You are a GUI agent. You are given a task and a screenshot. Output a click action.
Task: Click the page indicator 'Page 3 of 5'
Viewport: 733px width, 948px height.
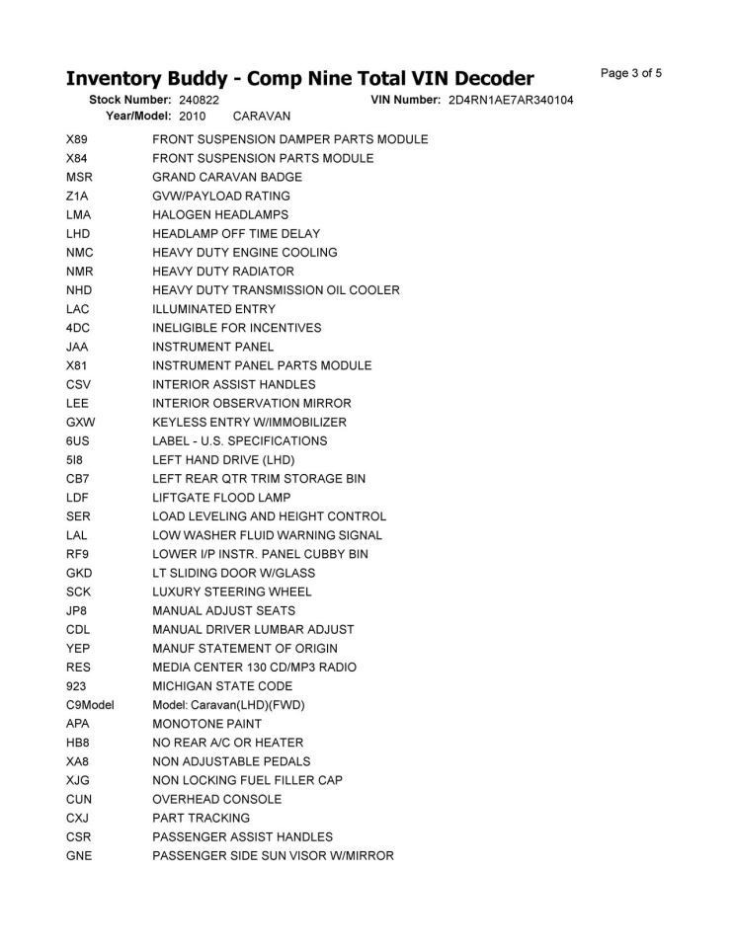(x=630, y=73)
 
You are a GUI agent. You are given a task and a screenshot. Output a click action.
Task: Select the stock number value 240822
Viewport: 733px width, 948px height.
(x=200, y=101)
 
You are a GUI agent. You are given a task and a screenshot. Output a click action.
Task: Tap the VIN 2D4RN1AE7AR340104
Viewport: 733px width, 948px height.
(x=510, y=101)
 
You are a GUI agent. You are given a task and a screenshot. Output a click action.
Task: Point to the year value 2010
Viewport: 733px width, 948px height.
(x=193, y=117)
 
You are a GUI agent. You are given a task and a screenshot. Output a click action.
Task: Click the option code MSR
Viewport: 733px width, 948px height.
(x=80, y=178)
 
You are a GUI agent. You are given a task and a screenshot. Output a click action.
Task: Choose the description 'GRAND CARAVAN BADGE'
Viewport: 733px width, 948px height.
(x=227, y=178)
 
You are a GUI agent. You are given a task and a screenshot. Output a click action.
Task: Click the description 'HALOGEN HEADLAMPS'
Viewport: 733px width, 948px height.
(x=220, y=215)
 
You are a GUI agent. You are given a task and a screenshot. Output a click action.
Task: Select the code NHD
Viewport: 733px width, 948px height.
(x=79, y=290)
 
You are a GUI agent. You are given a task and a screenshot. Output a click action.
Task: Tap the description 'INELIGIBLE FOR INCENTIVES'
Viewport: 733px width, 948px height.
(x=237, y=328)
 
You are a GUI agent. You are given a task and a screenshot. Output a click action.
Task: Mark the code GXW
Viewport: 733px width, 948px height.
(x=80, y=423)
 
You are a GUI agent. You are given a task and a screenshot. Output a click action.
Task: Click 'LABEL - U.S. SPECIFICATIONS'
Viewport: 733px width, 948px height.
(x=240, y=441)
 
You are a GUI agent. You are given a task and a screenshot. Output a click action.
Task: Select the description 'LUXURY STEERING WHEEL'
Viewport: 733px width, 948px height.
(x=232, y=592)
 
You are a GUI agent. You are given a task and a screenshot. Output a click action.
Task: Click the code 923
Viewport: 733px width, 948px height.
(x=76, y=686)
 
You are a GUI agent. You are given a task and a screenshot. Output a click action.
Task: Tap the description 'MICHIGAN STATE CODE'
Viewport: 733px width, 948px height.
(x=222, y=686)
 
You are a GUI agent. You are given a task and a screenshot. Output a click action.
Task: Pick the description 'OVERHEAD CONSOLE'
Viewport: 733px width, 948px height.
(x=217, y=800)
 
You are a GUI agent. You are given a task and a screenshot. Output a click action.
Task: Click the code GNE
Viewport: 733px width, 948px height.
(x=79, y=856)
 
